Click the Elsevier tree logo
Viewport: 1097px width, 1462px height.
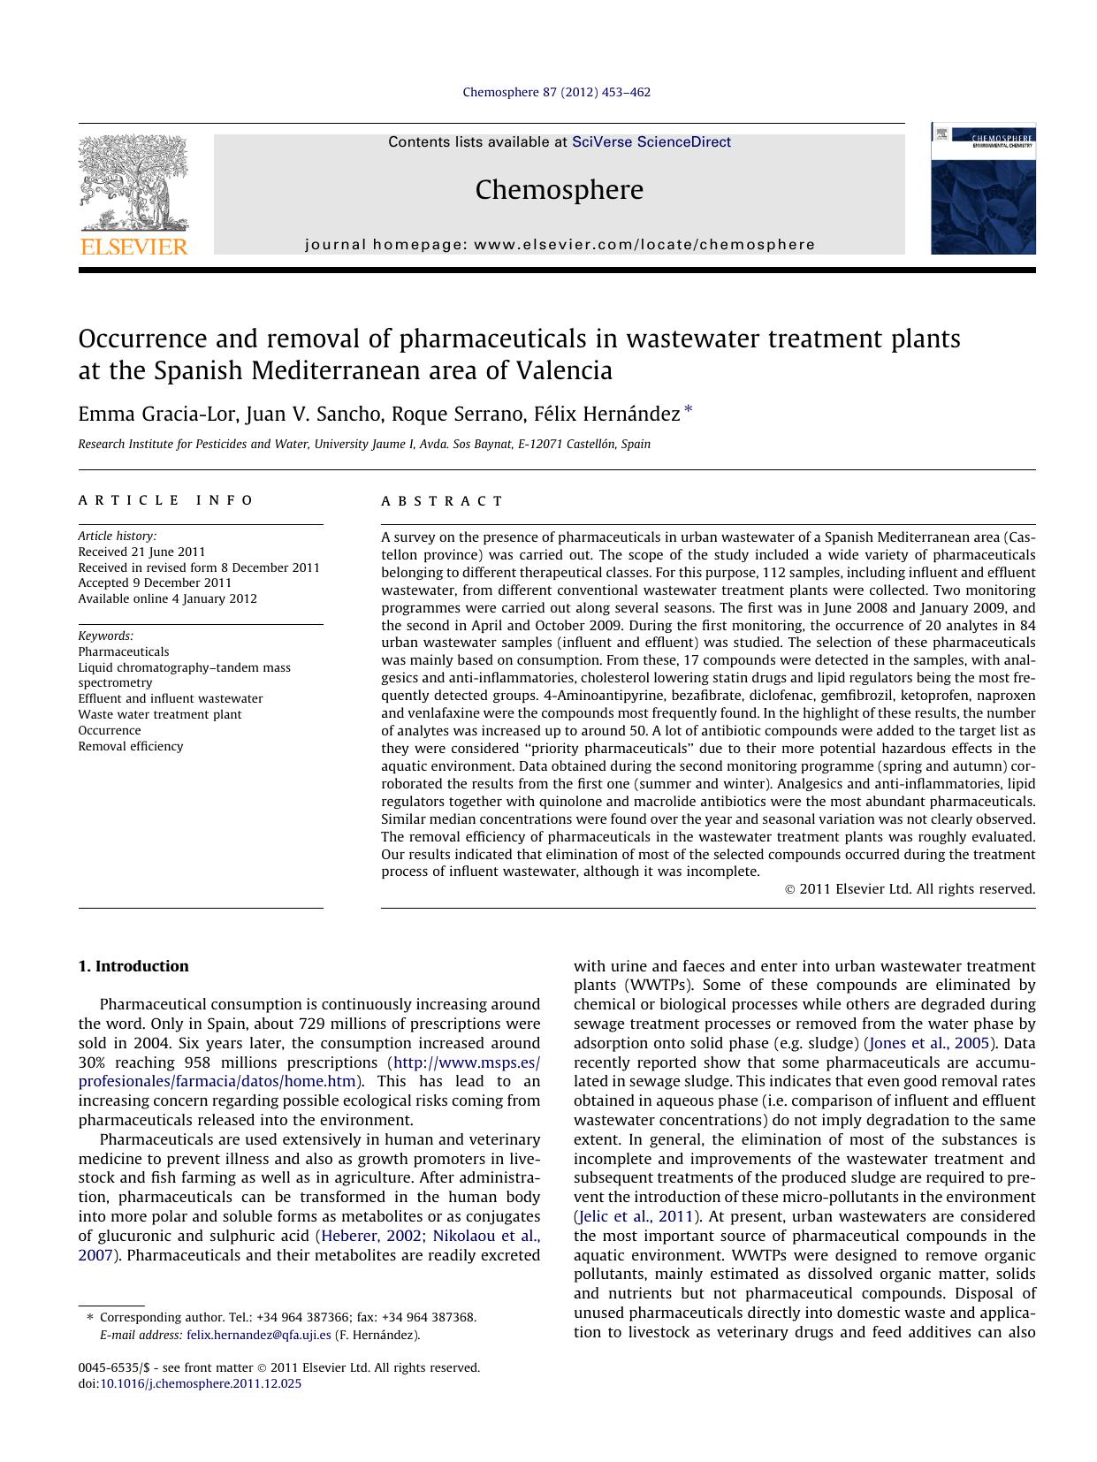coord(133,183)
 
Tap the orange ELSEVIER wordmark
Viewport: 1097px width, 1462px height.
coord(133,247)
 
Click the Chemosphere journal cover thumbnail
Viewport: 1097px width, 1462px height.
coord(982,189)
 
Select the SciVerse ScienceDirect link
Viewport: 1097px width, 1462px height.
coord(651,142)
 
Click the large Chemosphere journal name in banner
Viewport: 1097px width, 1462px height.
coord(559,190)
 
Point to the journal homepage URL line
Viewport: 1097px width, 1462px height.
coord(560,245)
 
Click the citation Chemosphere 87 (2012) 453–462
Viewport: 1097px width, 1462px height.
coord(556,92)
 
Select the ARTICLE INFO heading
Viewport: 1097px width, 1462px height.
coord(166,500)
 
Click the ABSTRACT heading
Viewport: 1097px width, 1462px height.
coord(442,501)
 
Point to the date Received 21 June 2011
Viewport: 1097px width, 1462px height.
coord(141,552)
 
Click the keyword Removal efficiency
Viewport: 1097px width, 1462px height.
coord(131,746)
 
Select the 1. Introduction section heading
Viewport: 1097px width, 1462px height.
coord(133,966)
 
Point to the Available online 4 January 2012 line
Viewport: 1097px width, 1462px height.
coord(167,598)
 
